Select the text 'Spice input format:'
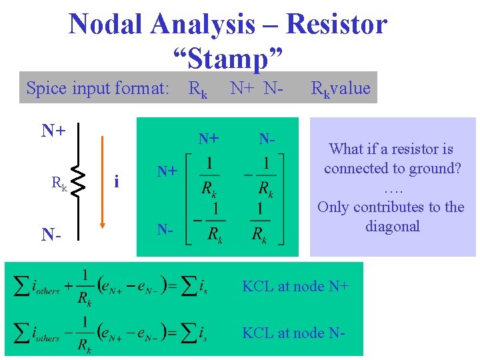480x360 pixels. point(97,87)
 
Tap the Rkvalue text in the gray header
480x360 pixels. point(341,87)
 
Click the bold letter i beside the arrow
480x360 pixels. point(117,181)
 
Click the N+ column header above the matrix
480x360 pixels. point(209,138)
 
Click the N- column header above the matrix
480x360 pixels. point(267,138)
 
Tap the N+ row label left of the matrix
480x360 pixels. point(167,171)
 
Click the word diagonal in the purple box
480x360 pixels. point(392,226)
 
